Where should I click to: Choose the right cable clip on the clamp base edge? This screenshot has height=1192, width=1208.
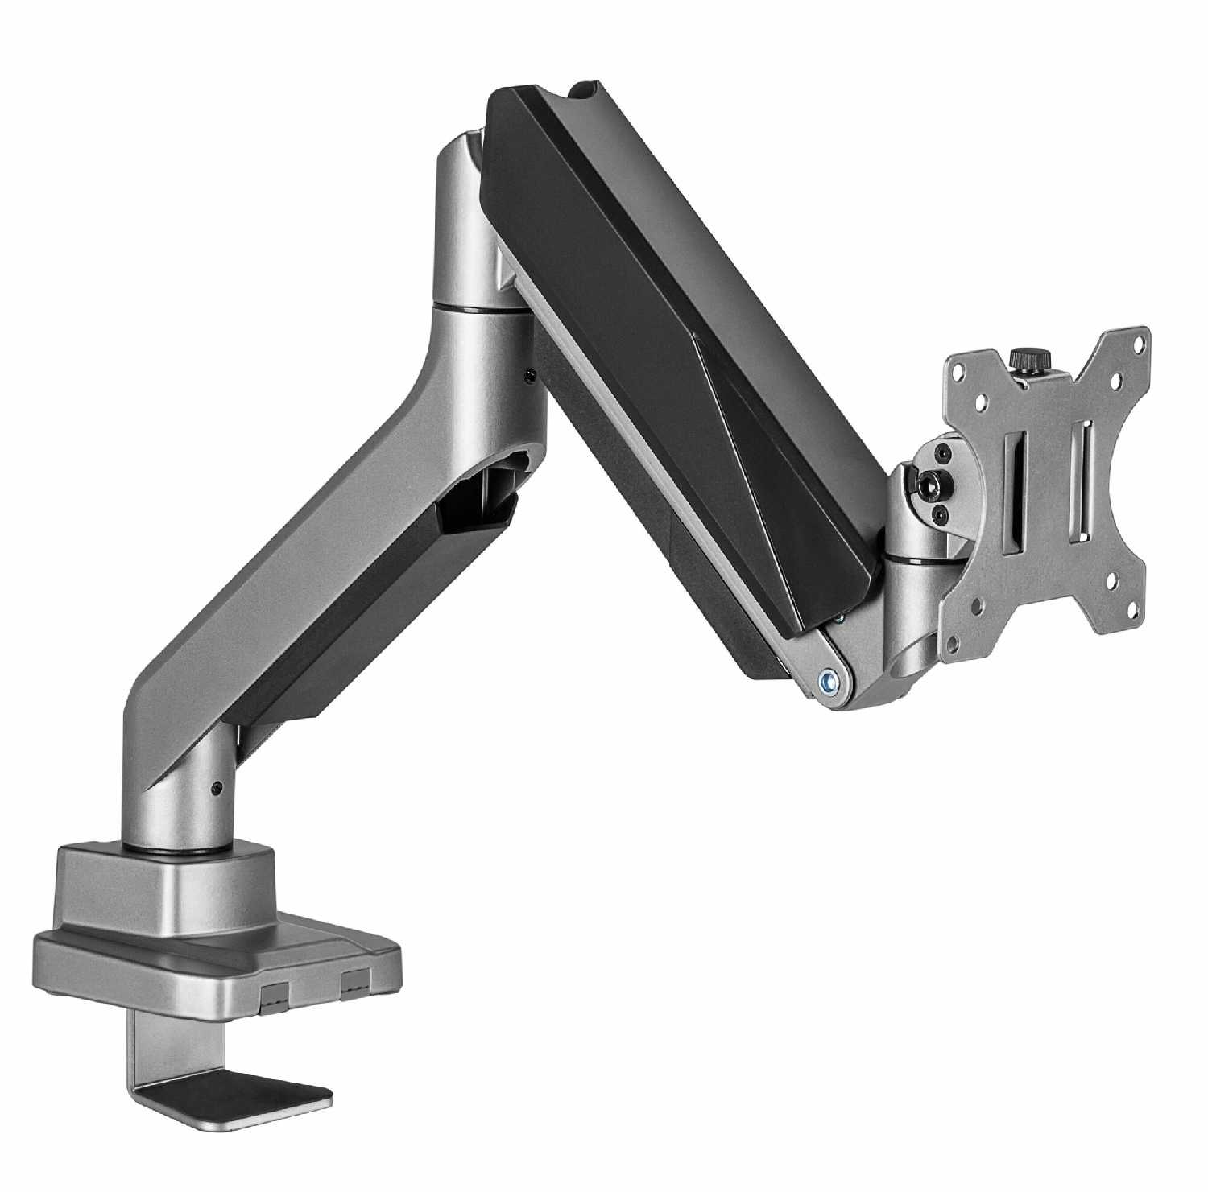(x=354, y=980)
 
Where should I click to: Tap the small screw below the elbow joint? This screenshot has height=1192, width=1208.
(x=529, y=374)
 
